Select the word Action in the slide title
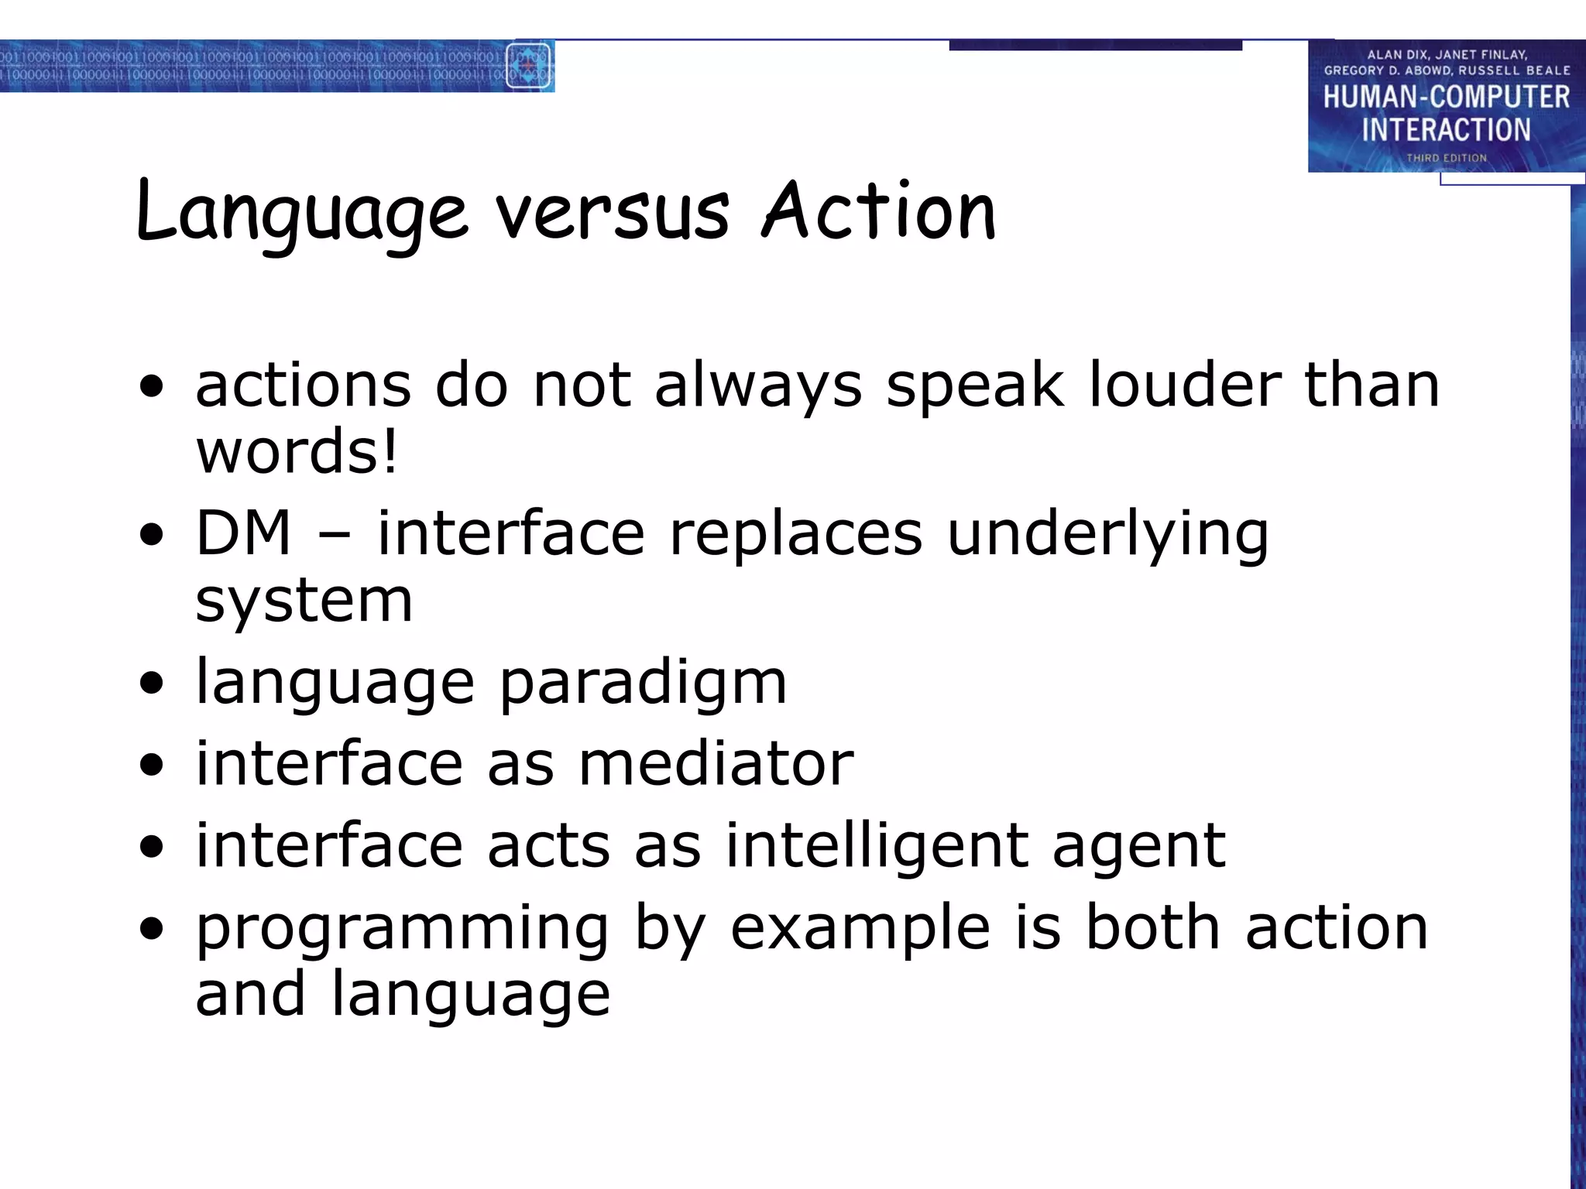[879, 211]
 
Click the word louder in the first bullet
[1184, 385]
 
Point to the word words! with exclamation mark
[297, 451]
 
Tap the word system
[304, 602]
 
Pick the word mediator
[716, 764]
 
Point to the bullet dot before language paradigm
[153, 684]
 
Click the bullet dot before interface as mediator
[153, 765]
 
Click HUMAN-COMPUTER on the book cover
[1446, 98]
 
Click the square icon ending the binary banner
[529, 66]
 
